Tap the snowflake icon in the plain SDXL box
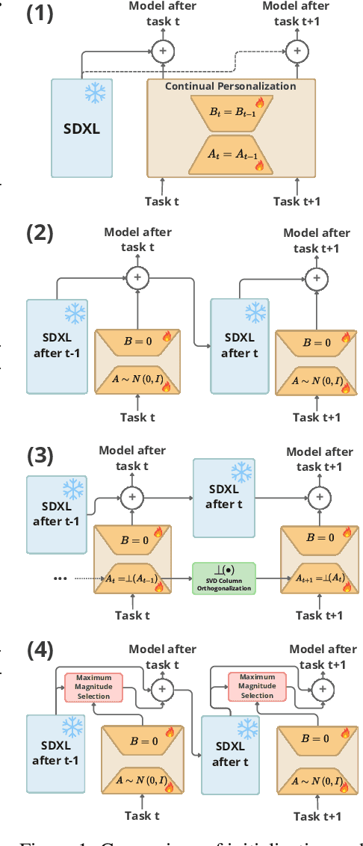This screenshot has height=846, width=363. point(95,93)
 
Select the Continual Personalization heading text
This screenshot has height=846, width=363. point(230,86)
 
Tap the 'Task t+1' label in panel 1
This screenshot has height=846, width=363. point(297,201)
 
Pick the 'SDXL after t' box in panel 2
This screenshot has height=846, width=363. point(240,345)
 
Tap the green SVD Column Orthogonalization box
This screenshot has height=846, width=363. point(223,578)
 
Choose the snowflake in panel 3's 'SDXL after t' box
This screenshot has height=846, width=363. point(241,472)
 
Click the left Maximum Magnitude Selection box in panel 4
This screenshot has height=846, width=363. point(93,686)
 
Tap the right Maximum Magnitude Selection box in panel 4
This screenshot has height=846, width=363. point(257,685)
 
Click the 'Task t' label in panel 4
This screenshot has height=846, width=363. point(142,815)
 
